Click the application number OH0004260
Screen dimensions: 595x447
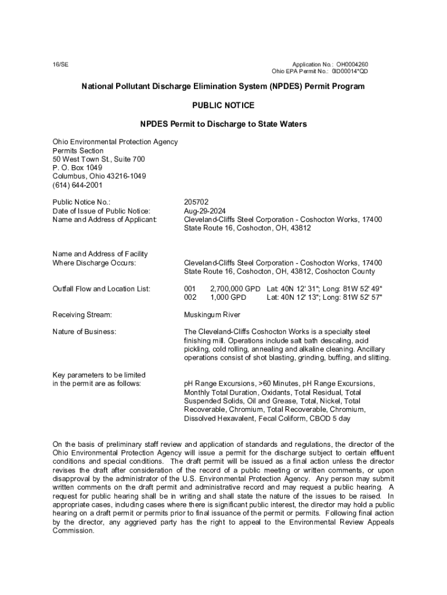click(x=352, y=64)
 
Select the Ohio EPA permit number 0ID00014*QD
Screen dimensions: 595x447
click(x=349, y=71)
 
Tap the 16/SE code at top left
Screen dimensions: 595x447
click(x=60, y=64)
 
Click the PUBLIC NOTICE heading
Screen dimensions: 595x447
click(x=223, y=105)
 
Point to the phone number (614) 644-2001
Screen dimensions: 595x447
click(x=77, y=185)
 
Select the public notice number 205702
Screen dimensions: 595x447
click(x=196, y=202)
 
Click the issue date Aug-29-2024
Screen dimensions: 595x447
click(x=205, y=211)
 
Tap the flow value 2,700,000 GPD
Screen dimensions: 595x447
click(x=235, y=289)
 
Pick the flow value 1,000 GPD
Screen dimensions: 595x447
click(x=228, y=297)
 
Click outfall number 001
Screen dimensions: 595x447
click(x=190, y=289)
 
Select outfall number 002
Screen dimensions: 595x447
click(x=190, y=297)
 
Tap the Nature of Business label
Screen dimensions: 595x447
click(x=84, y=332)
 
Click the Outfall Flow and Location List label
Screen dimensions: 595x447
click(x=102, y=289)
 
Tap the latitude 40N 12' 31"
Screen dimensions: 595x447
click(x=298, y=289)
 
